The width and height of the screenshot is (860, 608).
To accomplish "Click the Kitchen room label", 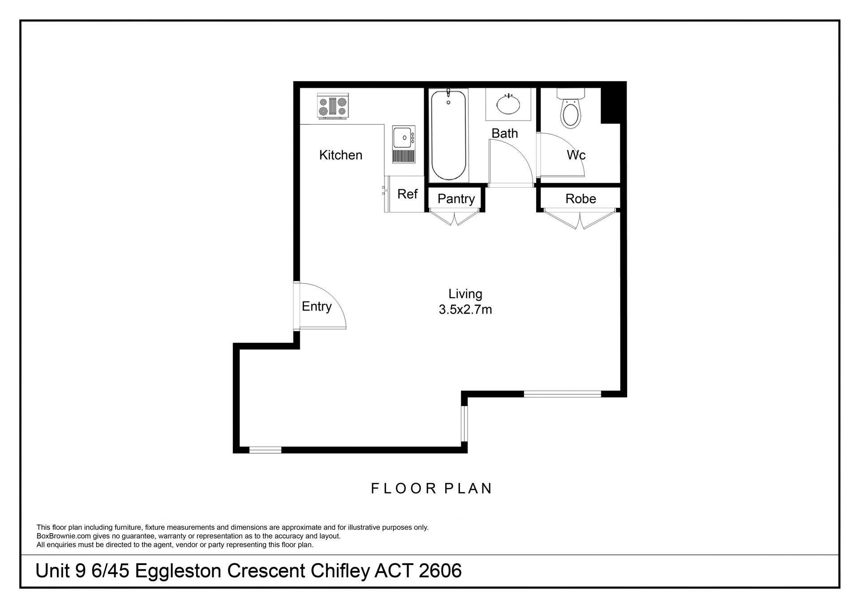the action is [340, 155].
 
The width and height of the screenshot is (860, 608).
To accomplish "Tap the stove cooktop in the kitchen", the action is [332, 106].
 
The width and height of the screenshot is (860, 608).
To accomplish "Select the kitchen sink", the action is [404, 144].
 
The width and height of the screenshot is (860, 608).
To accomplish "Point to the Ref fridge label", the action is [407, 194].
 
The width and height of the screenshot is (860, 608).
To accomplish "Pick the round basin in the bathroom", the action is [508, 104].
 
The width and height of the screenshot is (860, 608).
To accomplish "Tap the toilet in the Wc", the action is [570, 108].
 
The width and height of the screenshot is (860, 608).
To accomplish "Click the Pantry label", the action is [456, 198].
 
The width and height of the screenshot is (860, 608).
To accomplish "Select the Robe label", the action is [580, 198].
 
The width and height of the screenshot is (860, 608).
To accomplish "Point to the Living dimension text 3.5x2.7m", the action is [465, 310].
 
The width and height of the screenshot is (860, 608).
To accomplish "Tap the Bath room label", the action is [504, 133].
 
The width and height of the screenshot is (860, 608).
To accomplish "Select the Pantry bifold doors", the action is [455, 218].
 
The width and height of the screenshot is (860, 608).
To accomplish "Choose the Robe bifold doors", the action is [580, 220].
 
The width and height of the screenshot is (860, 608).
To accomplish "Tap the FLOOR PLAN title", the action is [431, 488].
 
